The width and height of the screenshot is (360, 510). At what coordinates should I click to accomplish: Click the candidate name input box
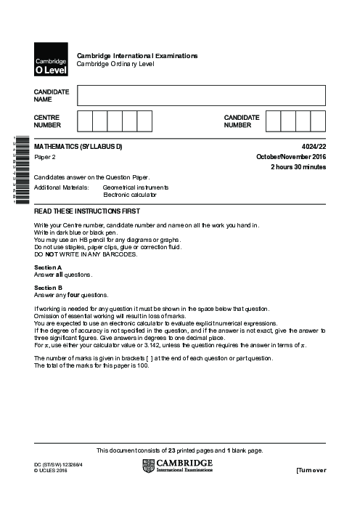(201, 94)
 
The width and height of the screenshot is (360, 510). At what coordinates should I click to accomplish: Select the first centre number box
(84, 121)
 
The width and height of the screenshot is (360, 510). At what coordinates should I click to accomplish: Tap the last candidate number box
(318, 121)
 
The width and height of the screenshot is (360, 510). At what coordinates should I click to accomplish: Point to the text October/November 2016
(291, 157)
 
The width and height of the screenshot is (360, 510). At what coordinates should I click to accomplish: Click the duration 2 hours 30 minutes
(298, 167)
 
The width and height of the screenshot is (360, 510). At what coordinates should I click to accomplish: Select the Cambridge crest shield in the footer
(150, 466)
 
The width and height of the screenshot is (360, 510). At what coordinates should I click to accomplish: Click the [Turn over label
(311, 471)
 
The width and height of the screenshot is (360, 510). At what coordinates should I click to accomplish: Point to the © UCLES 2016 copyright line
(50, 471)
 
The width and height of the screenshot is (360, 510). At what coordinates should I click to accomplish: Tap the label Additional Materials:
(61, 187)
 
